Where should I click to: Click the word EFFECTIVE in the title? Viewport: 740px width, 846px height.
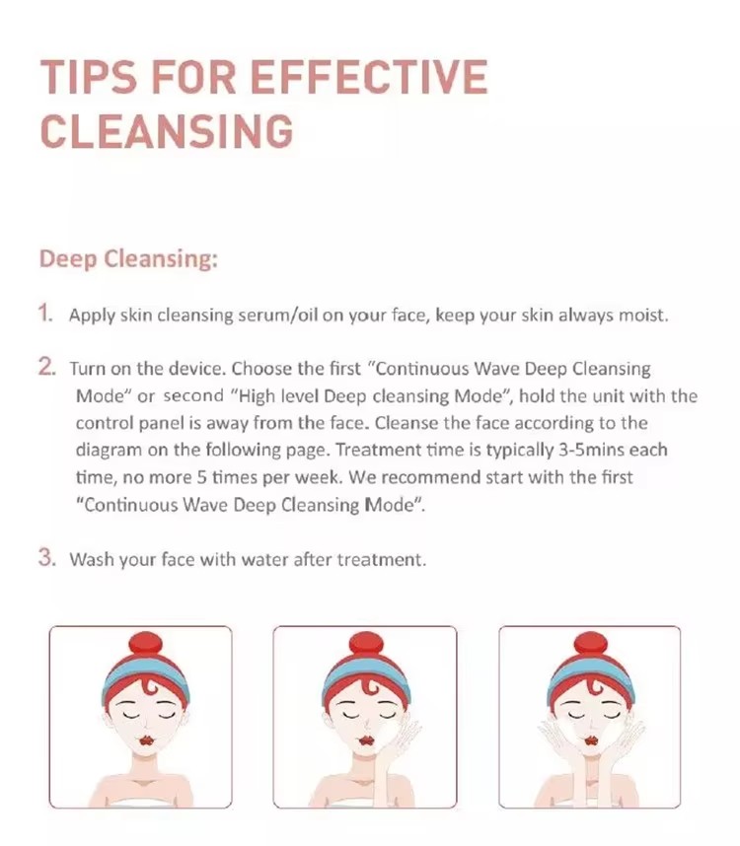tap(369, 77)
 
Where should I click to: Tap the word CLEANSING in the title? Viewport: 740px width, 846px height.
tap(167, 131)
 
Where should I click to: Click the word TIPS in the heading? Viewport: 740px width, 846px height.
tap(89, 77)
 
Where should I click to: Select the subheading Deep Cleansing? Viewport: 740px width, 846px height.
tap(128, 259)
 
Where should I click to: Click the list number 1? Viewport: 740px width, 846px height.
tap(45, 313)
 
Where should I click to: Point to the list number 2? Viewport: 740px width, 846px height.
tap(47, 367)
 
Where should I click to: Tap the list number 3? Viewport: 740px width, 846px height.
tap(47, 557)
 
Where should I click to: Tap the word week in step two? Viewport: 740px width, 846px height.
tap(319, 478)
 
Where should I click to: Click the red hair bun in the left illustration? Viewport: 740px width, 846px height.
tap(145, 649)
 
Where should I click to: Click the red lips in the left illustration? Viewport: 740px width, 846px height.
tap(145, 740)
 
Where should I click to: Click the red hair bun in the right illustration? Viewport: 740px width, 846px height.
tap(590, 649)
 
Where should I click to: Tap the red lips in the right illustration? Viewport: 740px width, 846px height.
tap(591, 740)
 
